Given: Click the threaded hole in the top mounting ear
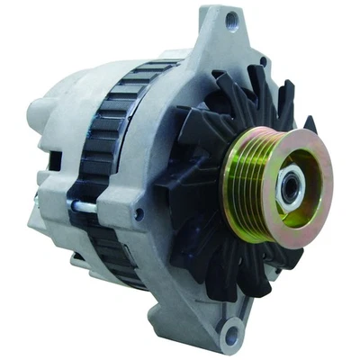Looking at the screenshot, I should (x=232, y=17).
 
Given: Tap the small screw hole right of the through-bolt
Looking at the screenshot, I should (x=137, y=215).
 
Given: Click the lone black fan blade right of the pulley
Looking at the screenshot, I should (x=311, y=125).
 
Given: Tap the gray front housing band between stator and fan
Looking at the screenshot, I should (x=157, y=180).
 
